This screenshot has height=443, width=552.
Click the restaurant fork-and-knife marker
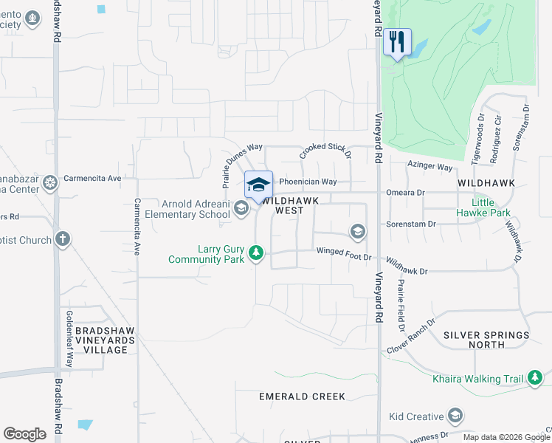tap(397, 42)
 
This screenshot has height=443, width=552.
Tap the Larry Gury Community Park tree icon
tap(256, 254)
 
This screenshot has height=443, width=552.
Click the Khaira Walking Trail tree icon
tap(535, 379)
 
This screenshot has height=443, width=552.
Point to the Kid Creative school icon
tap(455, 417)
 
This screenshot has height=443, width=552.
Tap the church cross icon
tap(63, 239)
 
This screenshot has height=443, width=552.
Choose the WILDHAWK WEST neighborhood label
tap(291, 205)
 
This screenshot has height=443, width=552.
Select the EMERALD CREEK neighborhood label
tap(302, 396)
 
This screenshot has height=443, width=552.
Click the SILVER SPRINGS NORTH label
tap(486, 340)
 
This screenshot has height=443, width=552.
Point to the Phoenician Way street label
tap(308, 182)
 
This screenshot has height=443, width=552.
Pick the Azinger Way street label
tap(429, 168)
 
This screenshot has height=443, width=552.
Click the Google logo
tap(24, 434)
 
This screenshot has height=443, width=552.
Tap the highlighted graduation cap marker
tap(258, 185)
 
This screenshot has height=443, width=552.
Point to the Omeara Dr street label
tap(405, 192)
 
